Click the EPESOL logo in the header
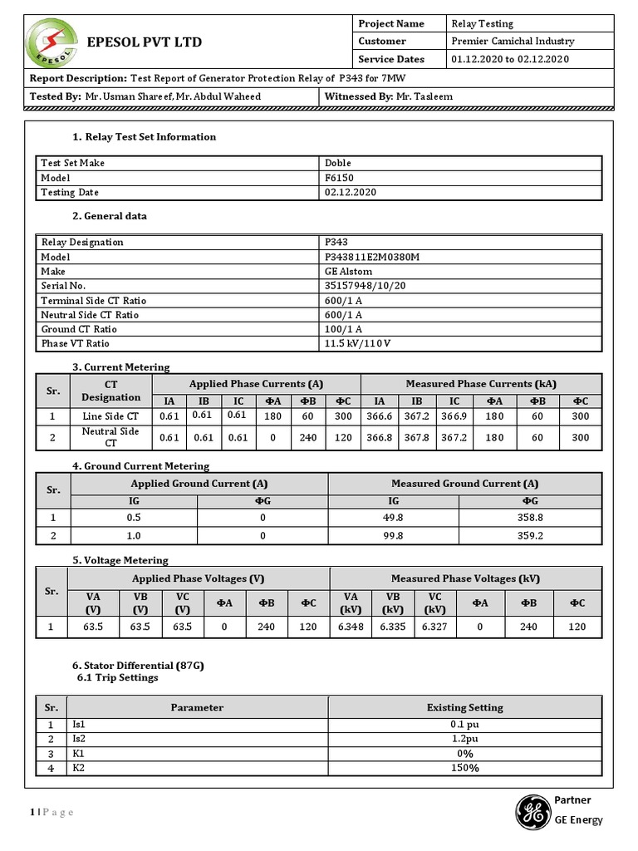pos(53,42)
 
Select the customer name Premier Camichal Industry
pos(512,41)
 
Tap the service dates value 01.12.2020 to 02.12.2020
pos(510,59)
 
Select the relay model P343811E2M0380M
pos(371,257)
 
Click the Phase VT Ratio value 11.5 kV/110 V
pos(356,343)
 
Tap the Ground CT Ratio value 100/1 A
pos(343,329)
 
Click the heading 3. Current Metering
pos(121,367)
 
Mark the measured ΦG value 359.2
pos(530,536)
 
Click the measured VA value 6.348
pos(351,627)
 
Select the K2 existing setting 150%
pos(464,768)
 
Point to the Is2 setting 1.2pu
pos(464,739)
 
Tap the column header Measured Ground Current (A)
pos(464,483)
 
